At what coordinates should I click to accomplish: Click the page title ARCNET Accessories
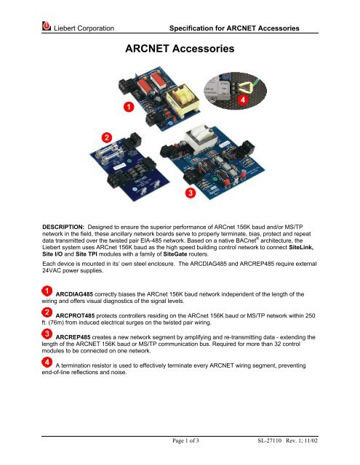pos(180,50)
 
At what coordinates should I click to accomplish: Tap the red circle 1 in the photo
pos(128,108)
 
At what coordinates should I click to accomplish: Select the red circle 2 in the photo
pos(106,137)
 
